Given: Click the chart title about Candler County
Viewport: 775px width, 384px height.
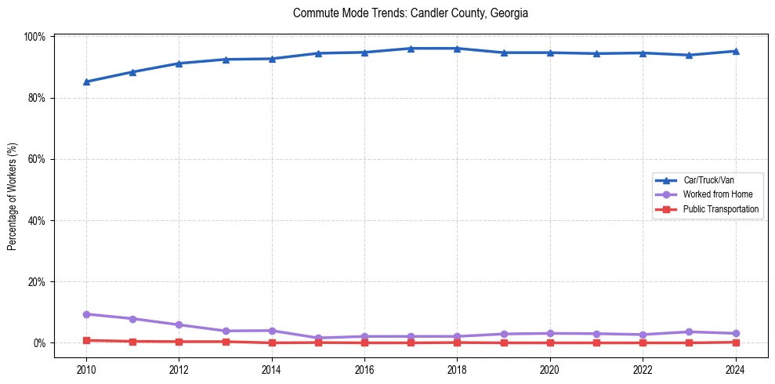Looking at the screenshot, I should tap(411, 13).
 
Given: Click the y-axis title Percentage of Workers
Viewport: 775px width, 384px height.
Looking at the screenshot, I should tap(13, 196).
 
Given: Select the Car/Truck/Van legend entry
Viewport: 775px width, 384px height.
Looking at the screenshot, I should tap(708, 180).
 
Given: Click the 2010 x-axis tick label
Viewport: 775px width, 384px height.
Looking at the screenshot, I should tap(86, 370).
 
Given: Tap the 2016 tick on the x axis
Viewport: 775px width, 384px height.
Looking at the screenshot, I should tap(364, 370).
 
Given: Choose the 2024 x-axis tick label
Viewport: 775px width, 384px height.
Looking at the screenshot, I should tap(735, 370).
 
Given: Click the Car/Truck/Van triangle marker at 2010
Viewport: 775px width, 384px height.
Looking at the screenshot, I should tap(86, 82).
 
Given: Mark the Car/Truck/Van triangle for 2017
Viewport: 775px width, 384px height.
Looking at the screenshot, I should tap(411, 49).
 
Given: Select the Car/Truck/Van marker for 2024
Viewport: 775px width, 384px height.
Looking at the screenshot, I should tap(735, 51).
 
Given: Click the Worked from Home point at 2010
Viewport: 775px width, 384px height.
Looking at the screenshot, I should tap(86, 314).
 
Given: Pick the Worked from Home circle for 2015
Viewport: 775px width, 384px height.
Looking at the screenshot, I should tap(318, 338).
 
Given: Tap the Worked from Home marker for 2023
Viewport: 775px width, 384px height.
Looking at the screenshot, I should tap(689, 332).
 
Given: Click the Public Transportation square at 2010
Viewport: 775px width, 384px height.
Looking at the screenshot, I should tap(86, 340).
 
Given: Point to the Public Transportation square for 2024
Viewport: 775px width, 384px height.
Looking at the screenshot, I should tap(735, 342).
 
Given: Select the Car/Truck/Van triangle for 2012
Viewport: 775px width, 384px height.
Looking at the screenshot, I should tap(179, 63).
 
